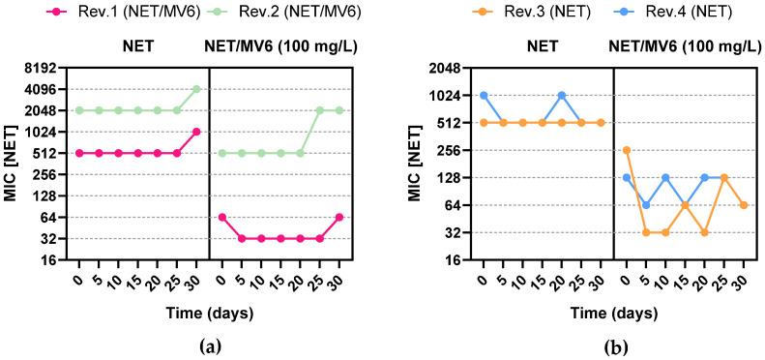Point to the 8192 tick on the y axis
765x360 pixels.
pos(46,68)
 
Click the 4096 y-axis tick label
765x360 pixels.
pos(46,89)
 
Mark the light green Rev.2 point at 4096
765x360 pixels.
pos(196,89)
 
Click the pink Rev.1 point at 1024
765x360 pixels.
pos(196,132)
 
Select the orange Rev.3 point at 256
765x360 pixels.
pos(627,150)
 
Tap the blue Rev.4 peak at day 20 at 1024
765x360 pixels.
pos(562,96)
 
